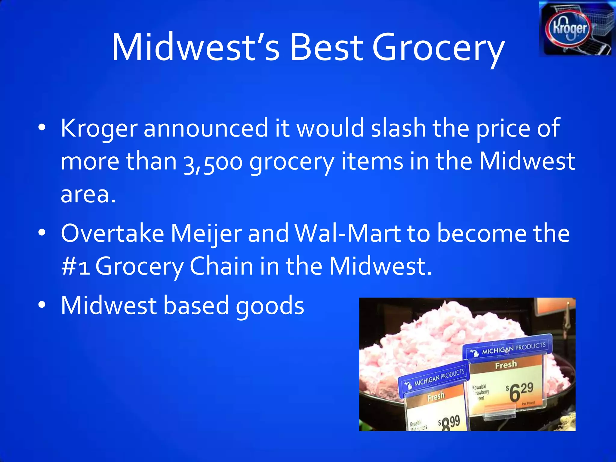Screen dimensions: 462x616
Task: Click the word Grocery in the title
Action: coord(438,48)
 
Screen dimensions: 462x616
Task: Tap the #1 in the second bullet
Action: coord(76,266)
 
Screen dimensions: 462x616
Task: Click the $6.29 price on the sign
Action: coord(520,391)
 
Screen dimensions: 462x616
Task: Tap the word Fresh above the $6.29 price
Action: coord(506,365)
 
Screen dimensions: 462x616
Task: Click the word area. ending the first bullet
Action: coord(88,194)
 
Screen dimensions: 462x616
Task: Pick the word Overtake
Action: coord(112,233)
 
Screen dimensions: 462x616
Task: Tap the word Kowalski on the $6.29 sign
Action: coord(479,387)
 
